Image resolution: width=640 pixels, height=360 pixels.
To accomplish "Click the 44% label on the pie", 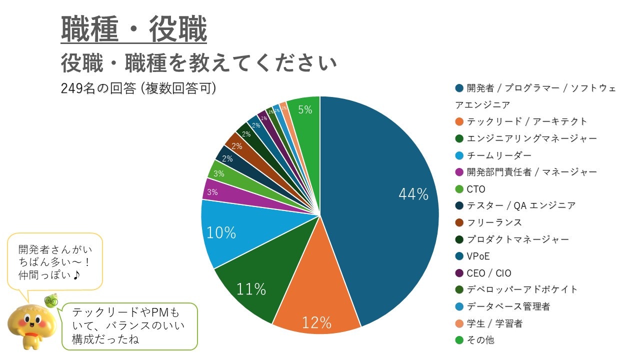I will (x=413, y=194).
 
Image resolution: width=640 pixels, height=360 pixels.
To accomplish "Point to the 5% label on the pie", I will (x=305, y=110).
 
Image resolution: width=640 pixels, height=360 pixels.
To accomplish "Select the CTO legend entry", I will (x=476, y=189).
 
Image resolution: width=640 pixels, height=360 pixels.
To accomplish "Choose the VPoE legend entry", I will (x=478, y=256).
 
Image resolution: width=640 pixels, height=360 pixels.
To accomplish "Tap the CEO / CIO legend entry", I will (x=488, y=273).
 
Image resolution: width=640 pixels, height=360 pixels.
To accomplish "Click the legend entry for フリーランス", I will (x=494, y=222).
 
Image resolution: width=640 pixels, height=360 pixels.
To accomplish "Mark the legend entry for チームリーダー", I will (x=499, y=155).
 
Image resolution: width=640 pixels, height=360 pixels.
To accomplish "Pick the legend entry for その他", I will (x=480, y=340).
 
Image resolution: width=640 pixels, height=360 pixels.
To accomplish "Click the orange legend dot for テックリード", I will (x=459, y=121).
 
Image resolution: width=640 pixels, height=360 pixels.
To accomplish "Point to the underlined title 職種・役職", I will (x=134, y=30).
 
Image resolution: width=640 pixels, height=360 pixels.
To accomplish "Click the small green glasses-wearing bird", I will (x=51, y=300).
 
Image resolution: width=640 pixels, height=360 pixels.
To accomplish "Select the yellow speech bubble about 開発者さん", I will (x=55, y=261).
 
